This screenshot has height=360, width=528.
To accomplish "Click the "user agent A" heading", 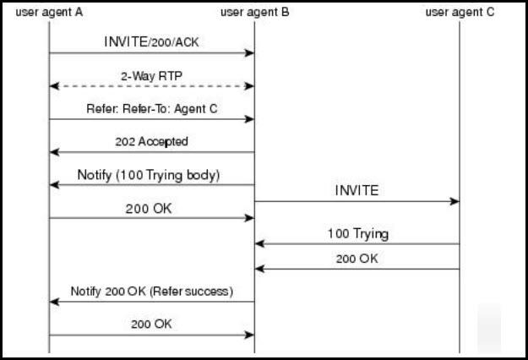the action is [49, 13].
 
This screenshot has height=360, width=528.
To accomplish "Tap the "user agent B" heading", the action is [254, 13].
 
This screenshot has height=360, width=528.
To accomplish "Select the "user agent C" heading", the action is [460, 13].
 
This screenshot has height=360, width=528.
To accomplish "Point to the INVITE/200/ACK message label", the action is [151, 42].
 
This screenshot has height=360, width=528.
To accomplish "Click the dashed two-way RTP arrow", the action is [151, 86].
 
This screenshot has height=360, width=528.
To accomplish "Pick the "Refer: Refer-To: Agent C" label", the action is [152, 109].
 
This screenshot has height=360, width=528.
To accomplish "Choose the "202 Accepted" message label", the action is [151, 141].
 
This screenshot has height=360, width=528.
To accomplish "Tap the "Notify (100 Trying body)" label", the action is [149, 175].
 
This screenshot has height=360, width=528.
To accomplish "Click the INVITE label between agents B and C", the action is [357, 191].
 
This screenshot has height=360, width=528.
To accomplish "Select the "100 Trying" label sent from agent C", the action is [358, 234].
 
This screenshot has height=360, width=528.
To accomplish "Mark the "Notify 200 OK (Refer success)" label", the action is [152, 292].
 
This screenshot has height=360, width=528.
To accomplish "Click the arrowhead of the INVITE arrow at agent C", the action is [455, 201].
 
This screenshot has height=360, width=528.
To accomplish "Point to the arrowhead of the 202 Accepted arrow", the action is [55, 152].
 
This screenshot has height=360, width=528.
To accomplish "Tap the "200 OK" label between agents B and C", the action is [357, 259].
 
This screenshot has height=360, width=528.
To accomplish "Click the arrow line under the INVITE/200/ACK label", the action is [151, 53].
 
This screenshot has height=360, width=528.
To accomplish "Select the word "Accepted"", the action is [163, 141].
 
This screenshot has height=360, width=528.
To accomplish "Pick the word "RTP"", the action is [171, 76].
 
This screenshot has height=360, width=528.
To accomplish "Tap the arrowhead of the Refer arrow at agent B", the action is [249, 119].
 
